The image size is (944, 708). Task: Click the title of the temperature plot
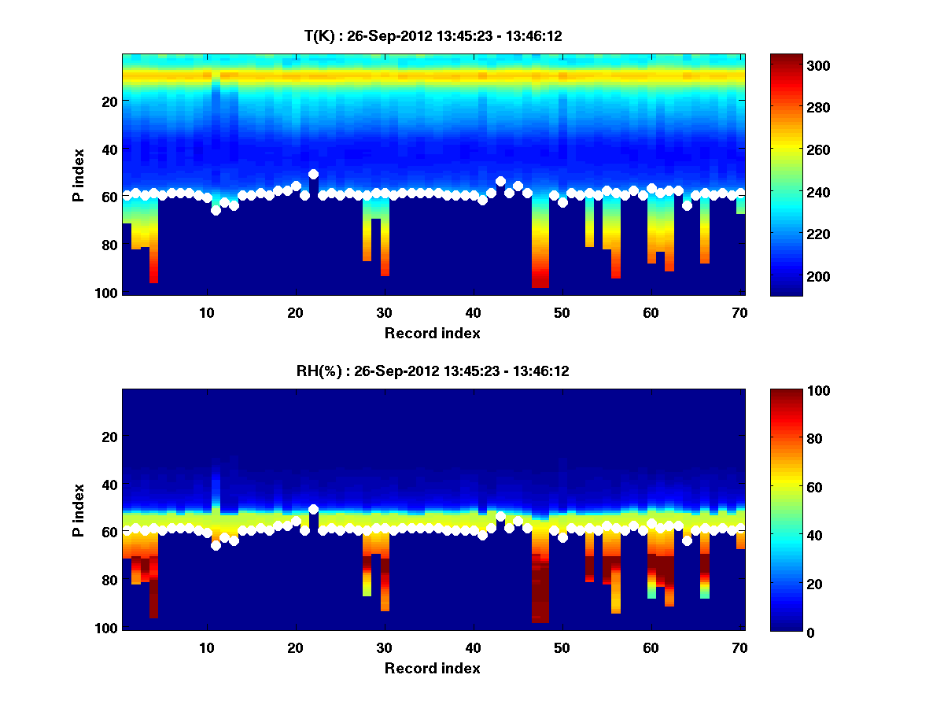pos(433,35)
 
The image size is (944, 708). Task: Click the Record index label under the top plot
pos(433,333)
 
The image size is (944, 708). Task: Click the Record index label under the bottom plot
pos(433,668)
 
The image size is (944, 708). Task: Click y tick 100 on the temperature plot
pos(108,293)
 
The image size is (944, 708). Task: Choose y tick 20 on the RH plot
pos(110,437)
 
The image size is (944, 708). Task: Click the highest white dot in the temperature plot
pos(313,174)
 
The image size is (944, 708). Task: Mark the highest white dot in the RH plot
pos(313,509)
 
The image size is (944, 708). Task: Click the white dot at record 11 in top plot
pos(216,210)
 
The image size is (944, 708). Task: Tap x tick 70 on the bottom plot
pos(739,647)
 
